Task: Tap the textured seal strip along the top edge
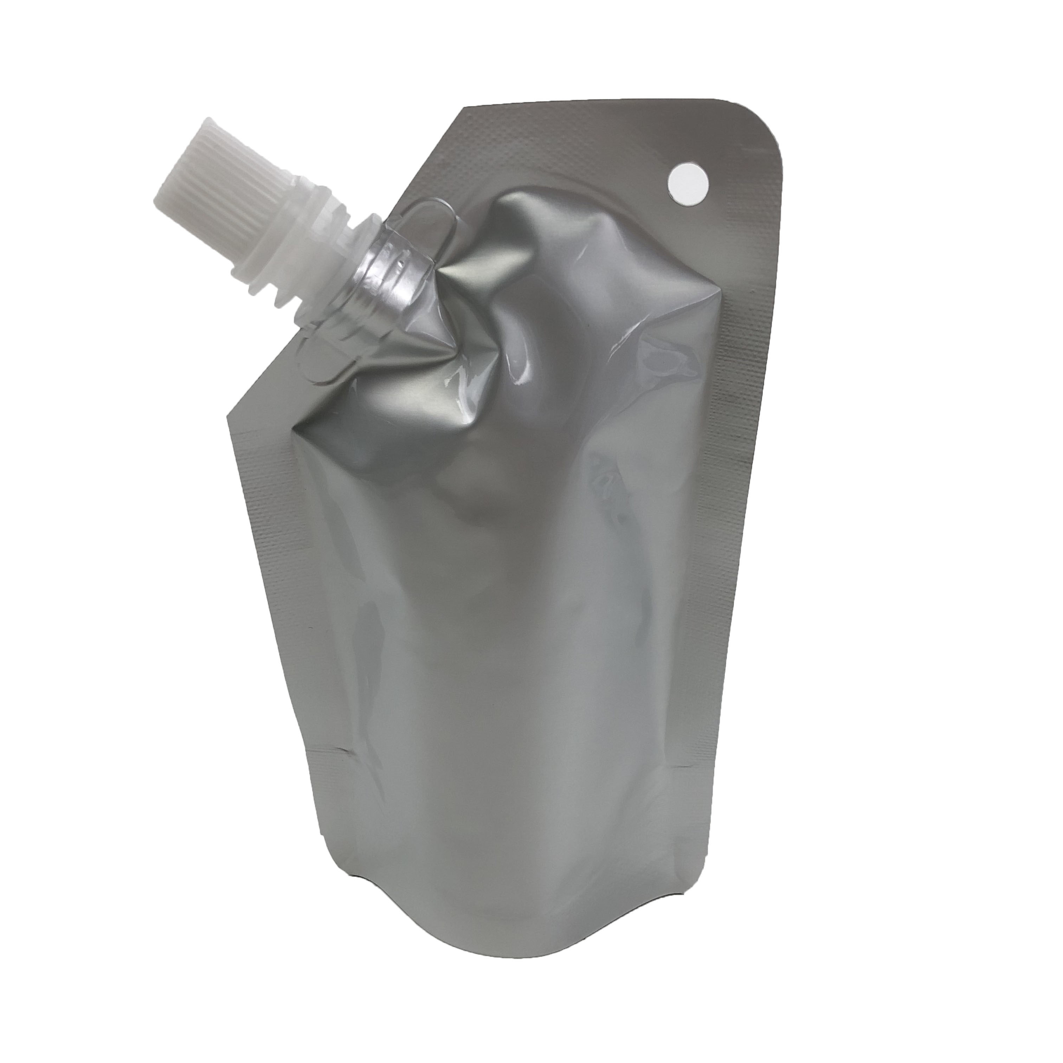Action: [578, 118]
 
